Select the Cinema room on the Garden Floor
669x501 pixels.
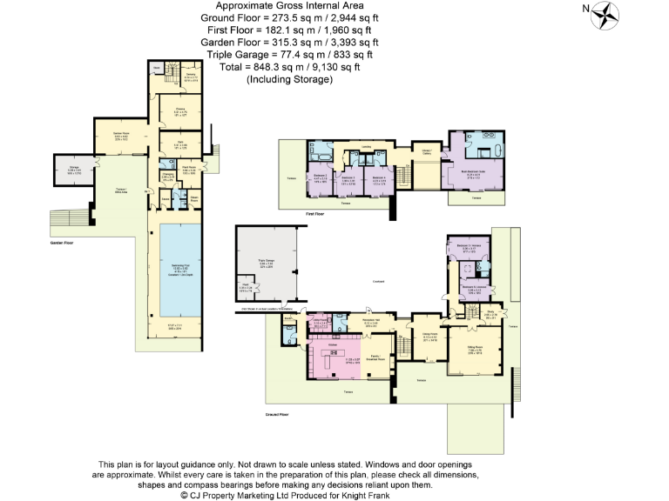(180, 111)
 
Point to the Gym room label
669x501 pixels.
(180, 144)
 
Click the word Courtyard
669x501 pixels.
(379, 280)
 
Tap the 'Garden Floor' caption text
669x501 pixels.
(64, 243)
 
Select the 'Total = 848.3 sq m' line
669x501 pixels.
(289, 66)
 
